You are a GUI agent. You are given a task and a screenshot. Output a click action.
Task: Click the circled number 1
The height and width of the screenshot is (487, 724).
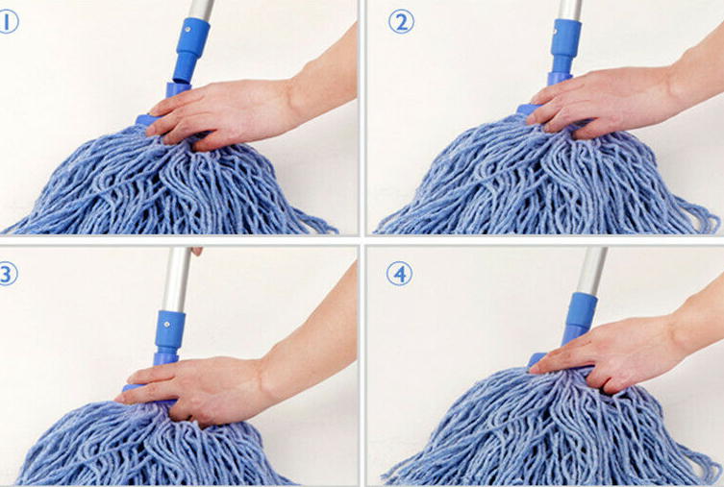pos(8,22)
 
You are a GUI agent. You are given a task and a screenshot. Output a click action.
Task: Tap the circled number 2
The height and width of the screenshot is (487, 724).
pos(401,22)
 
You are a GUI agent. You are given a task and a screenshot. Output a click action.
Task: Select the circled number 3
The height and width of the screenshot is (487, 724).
pos(8,274)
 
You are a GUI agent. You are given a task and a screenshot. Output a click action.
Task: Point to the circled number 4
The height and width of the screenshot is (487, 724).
pos(399,275)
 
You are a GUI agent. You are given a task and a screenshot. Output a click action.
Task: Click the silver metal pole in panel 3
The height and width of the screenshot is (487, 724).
pos(176,279)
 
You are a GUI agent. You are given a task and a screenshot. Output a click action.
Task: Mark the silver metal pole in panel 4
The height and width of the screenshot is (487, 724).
pos(592,271)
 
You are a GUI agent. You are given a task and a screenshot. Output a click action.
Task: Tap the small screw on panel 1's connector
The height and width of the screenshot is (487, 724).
pos(187,29)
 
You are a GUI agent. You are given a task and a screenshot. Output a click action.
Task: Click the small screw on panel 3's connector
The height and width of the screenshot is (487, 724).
pos(167,324)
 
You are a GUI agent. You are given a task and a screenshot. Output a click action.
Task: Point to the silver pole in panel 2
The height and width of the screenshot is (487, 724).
pos(570,11)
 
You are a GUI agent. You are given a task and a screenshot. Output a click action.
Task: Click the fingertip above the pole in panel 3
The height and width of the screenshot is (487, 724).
pos(197,252)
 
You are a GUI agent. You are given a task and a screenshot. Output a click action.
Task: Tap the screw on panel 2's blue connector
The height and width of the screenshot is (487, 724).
pos(555,34)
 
